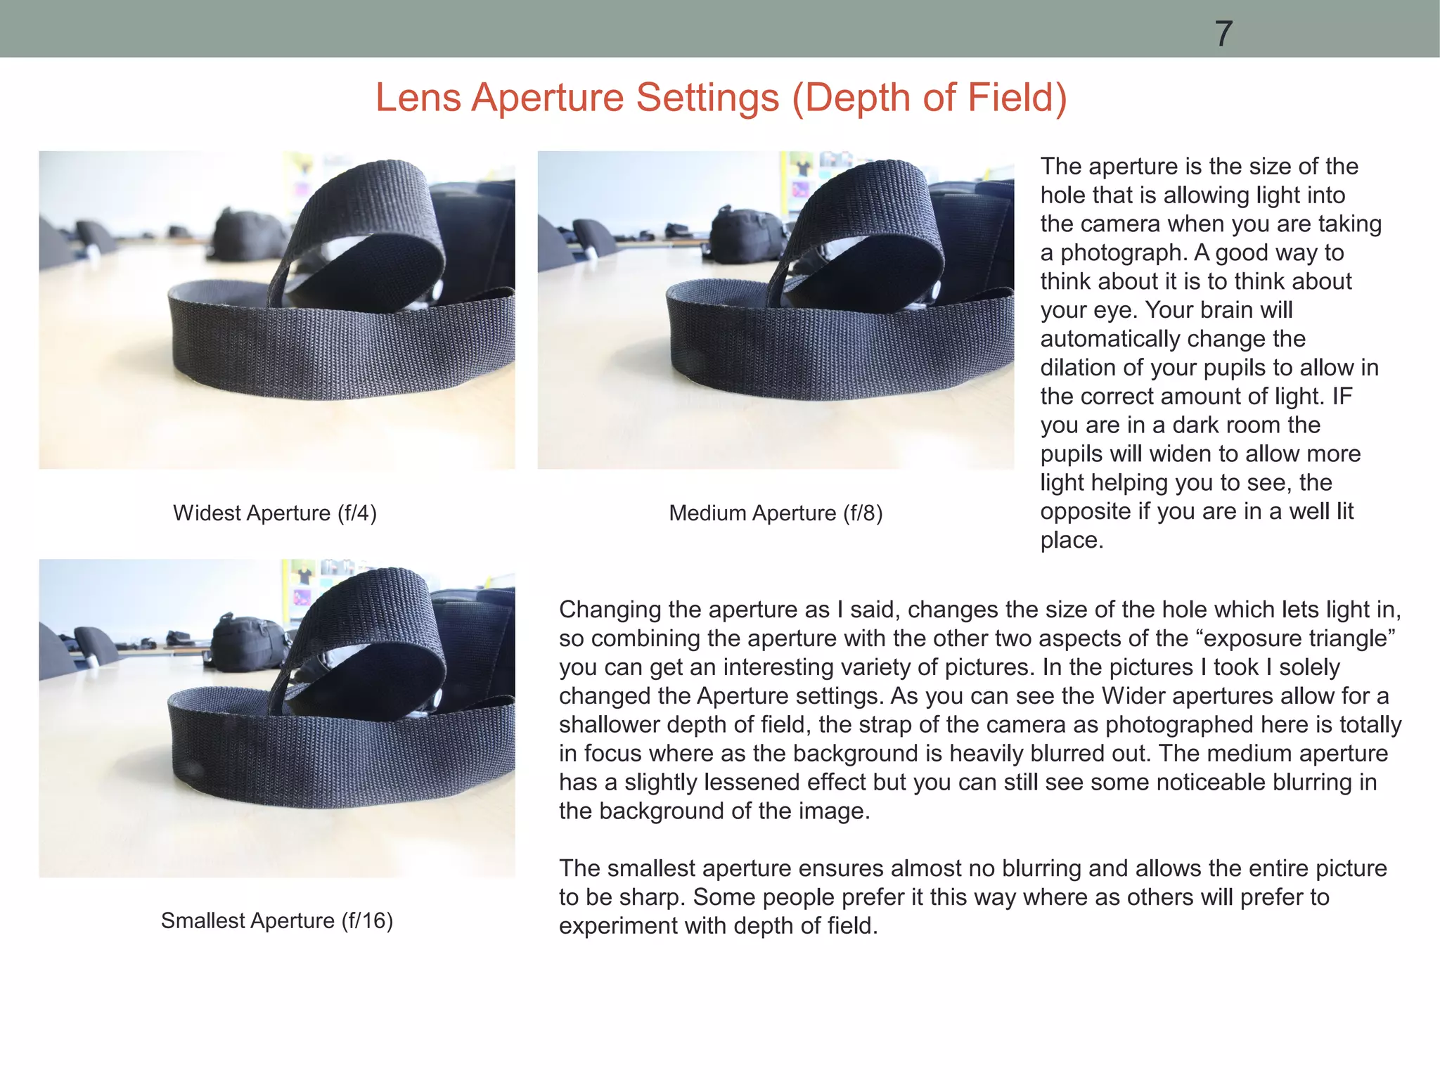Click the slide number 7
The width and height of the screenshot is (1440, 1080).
pos(1223,34)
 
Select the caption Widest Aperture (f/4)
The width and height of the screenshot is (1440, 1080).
pos(275,513)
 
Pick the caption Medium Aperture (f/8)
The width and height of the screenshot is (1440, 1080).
pos(776,513)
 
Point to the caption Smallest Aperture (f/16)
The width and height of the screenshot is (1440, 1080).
pos(277,920)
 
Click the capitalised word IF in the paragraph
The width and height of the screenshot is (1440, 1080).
pos(1342,396)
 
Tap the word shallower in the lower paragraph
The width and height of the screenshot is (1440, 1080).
pos(609,725)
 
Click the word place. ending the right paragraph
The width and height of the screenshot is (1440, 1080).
pos(1072,540)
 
